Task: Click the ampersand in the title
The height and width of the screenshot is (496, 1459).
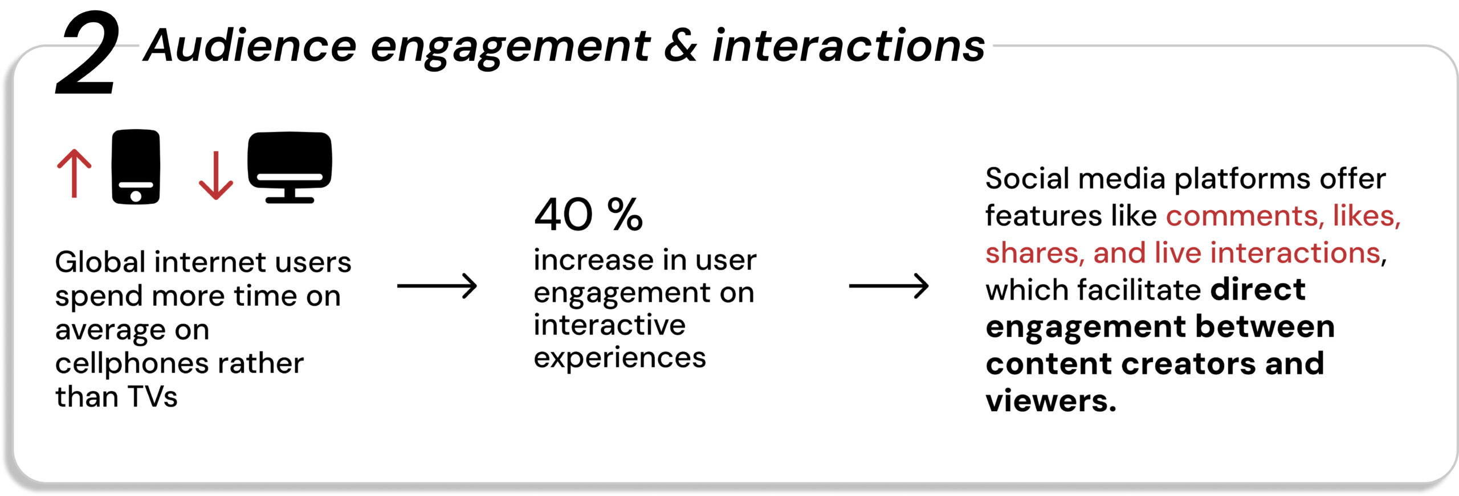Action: [x=680, y=46]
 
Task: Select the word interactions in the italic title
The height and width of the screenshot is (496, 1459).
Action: [x=849, y=45]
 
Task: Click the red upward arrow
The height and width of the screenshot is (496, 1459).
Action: [x=74, y=173]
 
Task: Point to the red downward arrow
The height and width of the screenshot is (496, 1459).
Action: [x=215, y=175]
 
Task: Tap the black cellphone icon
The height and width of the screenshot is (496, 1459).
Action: [x=136, y=166]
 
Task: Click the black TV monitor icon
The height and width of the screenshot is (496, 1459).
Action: [x=290, y=167]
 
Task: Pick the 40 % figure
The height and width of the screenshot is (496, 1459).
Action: [x=588, y=215]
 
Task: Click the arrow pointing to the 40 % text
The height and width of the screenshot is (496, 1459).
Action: [x=437, y=286]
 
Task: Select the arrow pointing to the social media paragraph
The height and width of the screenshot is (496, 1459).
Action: [x=889, y=286]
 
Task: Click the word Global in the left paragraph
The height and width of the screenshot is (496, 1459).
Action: [x=101, y=262]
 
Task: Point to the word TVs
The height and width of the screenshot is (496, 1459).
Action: [x=152, y=397]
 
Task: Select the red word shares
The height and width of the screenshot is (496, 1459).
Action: [x=1035, y=253]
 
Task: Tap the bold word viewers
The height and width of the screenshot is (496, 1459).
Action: [x=1051, y=400]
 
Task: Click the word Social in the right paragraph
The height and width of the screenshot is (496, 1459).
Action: [x=1028, y=179]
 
